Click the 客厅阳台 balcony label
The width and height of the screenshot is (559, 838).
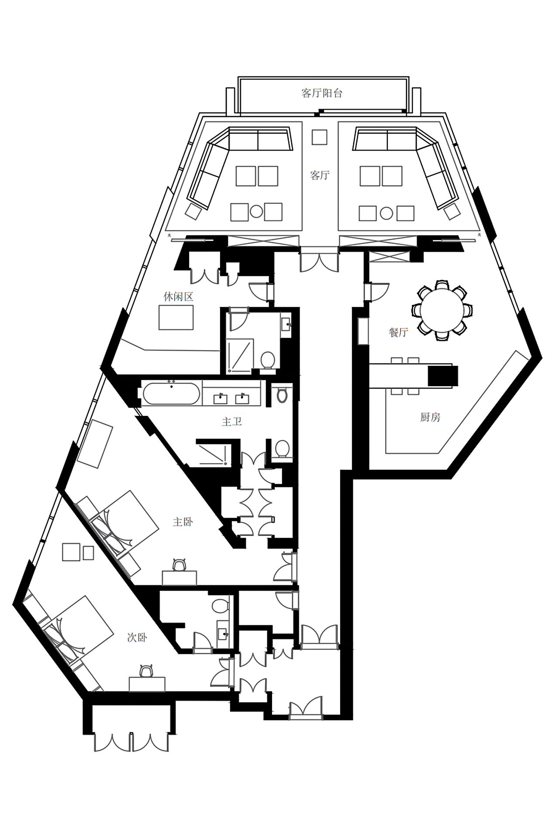(x=321, y=93)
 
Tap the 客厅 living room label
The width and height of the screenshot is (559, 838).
(x=320, y=175)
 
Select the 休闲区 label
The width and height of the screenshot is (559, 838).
(x=178, y=297)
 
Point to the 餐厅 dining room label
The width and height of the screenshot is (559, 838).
(x=398, y=332)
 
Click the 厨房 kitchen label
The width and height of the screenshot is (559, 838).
(x=430, y=417)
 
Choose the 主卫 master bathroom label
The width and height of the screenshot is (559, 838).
(x=232, y=422)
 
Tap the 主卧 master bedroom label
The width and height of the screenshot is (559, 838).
(x=183, y=522)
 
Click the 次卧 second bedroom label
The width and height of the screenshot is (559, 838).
(x=137, y=638)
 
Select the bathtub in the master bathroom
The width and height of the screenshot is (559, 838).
(x=171, y=394)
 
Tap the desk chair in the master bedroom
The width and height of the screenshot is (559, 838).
(x=179, y=565)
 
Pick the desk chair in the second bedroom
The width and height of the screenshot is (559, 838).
(x=147, y=671)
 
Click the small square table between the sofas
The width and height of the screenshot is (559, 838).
(x=319, y=137)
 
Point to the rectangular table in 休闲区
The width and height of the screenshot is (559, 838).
(x=176, y=317)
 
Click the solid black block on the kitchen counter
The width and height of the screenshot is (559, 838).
(x=443, y=376)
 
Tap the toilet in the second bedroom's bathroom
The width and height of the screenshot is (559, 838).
(x=220, y=605)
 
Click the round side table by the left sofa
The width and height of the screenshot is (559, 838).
(x=256, y=212)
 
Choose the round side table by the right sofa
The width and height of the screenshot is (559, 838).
(x=386, y=213)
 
